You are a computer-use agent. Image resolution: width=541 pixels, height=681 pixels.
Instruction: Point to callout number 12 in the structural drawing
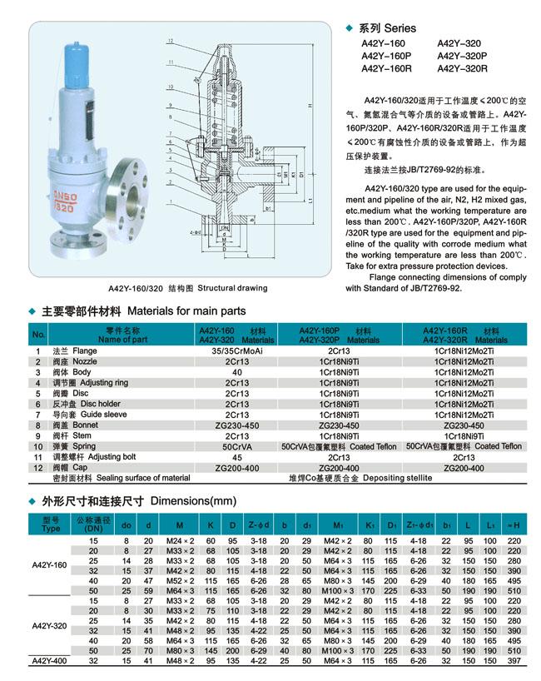pos(170,41)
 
